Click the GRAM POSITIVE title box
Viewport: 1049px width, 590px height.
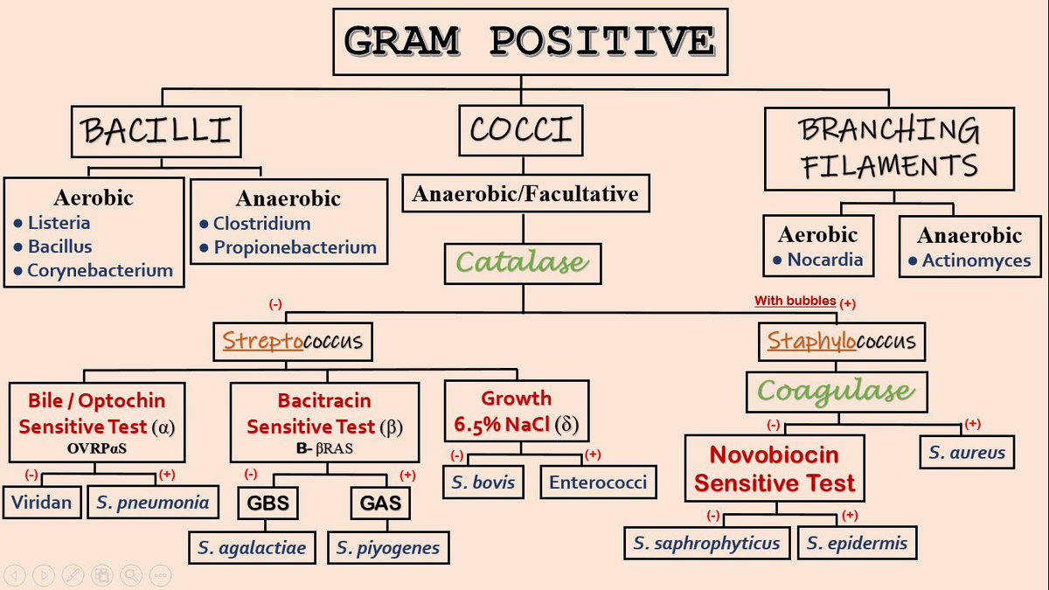pyautogui.click(x=530, y=41)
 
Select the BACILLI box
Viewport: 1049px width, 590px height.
pyautogui.click(x=156, y=131)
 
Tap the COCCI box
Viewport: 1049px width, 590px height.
pyautogui.click(x=521, y=130)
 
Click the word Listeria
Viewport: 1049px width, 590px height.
pyautogui.click(x=59, y=223)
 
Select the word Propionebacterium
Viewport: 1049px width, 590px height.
pyautogui.click(x=295, y=247)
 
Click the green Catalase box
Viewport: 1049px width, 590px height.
pyautogui.click(x=523, y=261)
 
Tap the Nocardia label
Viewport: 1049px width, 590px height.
pyautogui.click(x=824, y=260)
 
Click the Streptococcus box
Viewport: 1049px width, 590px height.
pyautogui.click(x=293, y=341)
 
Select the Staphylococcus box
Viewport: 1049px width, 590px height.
pyautogui.click(x=841, y=341)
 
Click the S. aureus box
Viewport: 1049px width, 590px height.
pyautogui.click(x=967, y=453)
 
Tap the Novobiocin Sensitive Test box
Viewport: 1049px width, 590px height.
pyautogui.click(x=774, y=469)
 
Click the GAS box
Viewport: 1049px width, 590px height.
pyautogui.click(x=379, y=503)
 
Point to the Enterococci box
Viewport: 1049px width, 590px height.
pyautogui.click(x=597, y=482)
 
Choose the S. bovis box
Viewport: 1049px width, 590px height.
pyautogui.click(x=483, y=482)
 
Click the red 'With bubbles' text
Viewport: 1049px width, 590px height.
pyautogui.click(x=795, y=301)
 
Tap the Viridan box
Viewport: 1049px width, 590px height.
pyautogui.click(x=41, y=502)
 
